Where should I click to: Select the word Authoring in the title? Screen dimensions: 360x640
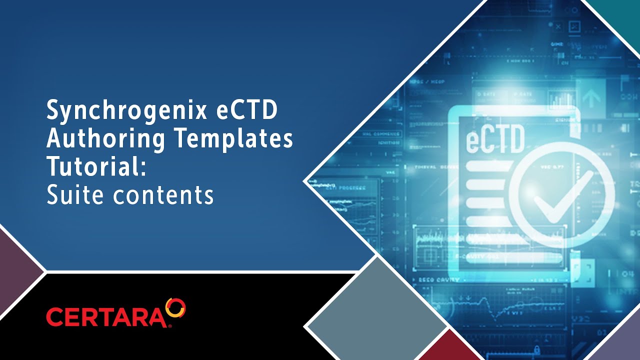pos(105,139)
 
